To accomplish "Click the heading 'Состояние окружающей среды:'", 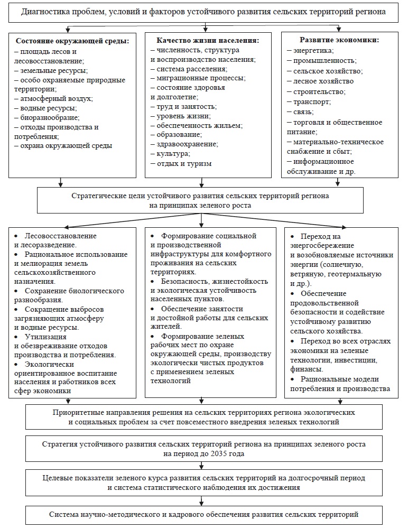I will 72,40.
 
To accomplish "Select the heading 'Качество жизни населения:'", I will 208,40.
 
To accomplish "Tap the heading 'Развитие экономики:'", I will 339,40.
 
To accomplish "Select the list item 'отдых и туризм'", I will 184,164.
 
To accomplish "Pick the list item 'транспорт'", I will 312,101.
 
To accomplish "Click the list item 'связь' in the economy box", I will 304,112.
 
